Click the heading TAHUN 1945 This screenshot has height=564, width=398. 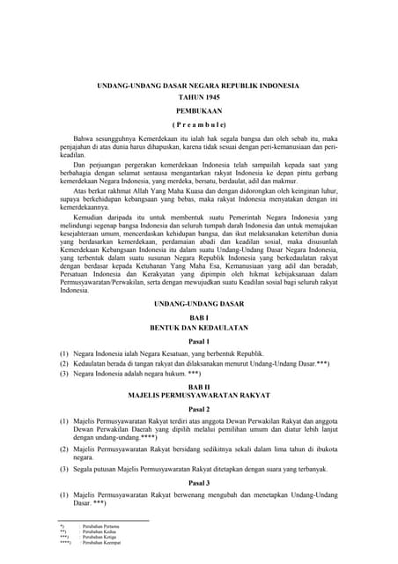click(198, 98)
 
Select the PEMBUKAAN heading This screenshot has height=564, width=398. click(198, 112)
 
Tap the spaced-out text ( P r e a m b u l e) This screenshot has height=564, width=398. click(198, 125)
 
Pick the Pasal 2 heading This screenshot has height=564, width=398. click(198, 410)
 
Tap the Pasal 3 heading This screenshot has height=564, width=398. click(198, 483)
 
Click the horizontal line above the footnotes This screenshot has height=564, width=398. click(104, 521)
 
